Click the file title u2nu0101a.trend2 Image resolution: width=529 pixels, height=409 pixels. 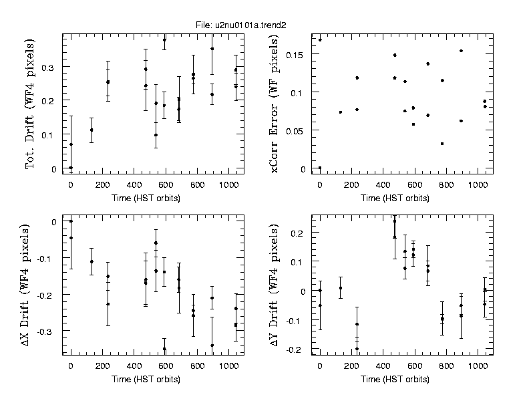tap(248, 25)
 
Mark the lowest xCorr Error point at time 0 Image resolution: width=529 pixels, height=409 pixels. tap(320, 168)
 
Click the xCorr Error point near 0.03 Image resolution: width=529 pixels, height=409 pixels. tap(442, 144)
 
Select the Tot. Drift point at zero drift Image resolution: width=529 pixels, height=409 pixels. tap(71, 168)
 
